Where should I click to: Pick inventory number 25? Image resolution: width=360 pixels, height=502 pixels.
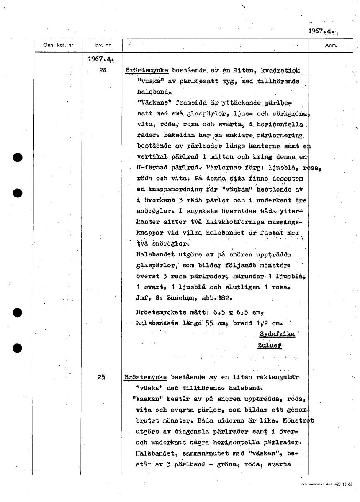pos(102,377)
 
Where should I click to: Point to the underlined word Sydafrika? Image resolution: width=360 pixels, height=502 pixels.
pos(277,334)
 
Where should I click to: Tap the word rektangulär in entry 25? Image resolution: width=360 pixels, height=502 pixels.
pos(278,377)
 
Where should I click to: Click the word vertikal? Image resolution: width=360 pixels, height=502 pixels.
pos(153,157)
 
